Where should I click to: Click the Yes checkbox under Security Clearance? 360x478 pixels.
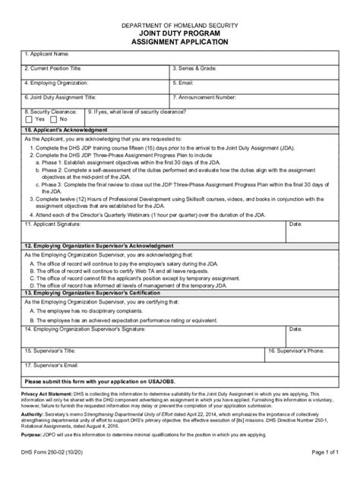(28, 119)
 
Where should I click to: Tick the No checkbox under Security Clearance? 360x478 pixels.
(53, 119)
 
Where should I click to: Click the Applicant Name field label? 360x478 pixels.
(47, 54)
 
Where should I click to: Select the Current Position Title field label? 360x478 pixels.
(54, 68)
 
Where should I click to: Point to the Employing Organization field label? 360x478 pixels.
(56, 83)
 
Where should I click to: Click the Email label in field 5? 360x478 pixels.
(185, 83)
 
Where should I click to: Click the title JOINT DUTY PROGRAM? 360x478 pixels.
(180, 35)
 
